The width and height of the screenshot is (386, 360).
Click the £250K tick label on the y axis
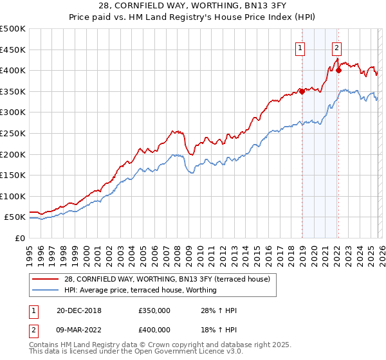point(13,133)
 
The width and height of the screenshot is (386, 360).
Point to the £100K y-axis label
point(13,196)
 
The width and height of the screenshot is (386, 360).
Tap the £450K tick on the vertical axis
point(13,50)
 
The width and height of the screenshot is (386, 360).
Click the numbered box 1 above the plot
point(300,46)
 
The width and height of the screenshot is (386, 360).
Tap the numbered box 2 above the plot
point(336,46)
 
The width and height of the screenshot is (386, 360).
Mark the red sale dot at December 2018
point(302,91)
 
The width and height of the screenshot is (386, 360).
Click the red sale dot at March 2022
point(338,70)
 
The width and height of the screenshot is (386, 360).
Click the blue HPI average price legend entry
point(140,290)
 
